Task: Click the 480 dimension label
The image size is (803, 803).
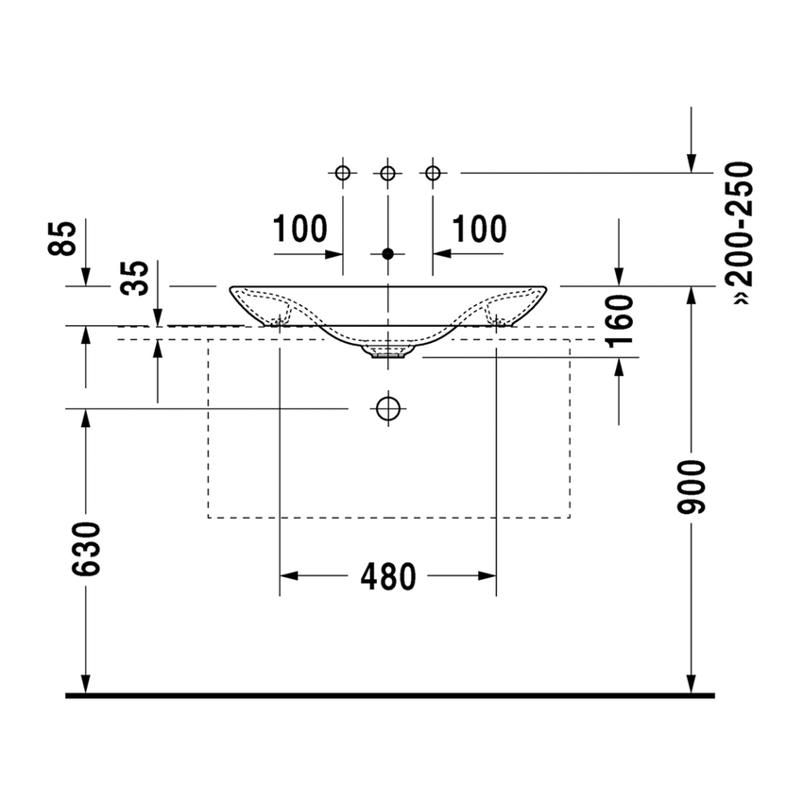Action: (x=388, y=576)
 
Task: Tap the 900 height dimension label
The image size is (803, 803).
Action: (x=692, y=487)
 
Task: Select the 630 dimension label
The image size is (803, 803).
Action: (x=86, y=549)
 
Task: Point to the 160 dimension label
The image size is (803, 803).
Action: (x=620, y=321)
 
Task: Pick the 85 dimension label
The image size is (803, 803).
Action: (x=62, y=238)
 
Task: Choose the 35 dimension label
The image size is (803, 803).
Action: (x=134, y=278)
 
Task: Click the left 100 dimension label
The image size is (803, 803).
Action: (x=299, y=229)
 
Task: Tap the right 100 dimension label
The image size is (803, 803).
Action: (x=479, y=229)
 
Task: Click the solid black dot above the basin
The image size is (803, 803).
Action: (x=388, y=253)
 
